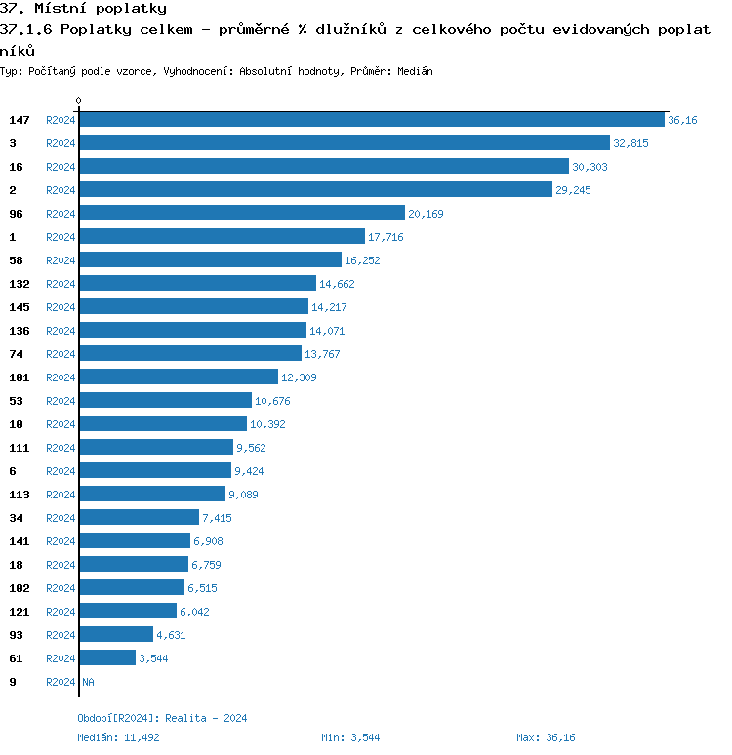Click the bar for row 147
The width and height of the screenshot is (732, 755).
[371, 120]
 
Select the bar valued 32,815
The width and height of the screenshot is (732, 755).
[344, 143]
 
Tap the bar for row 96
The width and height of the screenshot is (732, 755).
[241, 214]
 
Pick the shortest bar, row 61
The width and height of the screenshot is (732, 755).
[107, 658]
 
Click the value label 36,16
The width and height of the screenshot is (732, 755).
[682, 120]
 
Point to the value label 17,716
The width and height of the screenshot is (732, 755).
[386, 237]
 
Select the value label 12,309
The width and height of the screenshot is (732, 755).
[299, 377]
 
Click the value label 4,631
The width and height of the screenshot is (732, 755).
[171, 635]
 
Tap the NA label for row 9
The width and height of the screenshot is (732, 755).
[88, 682]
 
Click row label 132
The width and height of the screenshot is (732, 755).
[20, 284]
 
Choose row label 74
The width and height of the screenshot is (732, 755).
[16, 354]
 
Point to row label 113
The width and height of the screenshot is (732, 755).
[20, 495]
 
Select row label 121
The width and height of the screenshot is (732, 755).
[20, 612]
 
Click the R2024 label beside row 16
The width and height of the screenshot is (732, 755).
[61, 167]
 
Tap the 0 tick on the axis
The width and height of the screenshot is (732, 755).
[79, 101]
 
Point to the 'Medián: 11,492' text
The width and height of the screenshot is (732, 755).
[118, 737]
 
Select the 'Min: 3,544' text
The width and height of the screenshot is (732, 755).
[352, 737]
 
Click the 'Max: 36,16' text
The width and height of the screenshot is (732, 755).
[546, 737]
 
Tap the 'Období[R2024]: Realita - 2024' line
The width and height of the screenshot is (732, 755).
[162, 718]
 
